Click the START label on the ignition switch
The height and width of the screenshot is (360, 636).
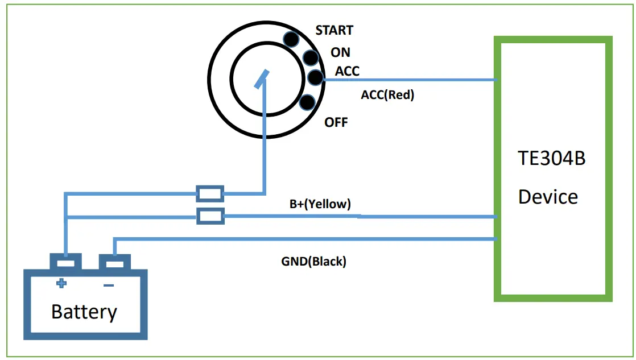click(x=334, y=30)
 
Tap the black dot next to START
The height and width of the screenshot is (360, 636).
click(x=292, y=39)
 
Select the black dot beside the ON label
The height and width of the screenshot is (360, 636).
click(x=311, y=57)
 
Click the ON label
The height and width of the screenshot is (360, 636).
click(x=340, y=52)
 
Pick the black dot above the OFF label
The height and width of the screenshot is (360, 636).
click(x=307, y=102)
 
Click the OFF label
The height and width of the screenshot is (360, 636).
click(x=336, y=122)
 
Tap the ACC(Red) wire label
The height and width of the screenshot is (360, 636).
click(x=387, y=95)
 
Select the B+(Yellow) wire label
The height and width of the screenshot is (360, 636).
click(x=320, y=204)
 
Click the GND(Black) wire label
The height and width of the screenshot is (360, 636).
click(x=313, y=262)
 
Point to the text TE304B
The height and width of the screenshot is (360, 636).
click(x=551, y=158)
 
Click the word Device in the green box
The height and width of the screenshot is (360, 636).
click(x=548, y=197)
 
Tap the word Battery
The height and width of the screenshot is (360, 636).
click(x=84, y=312)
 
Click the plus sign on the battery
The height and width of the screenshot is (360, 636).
click(x=61, y=283)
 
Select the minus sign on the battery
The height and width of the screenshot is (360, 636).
click(x=109, y=284)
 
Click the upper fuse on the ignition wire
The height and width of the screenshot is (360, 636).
click(x=210, y=193)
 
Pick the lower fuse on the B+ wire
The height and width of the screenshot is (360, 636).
click(x=210, y=216)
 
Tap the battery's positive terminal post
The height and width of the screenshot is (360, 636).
click(x=66, y=263)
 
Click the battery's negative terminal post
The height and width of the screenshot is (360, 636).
click(x=115, y=263)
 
